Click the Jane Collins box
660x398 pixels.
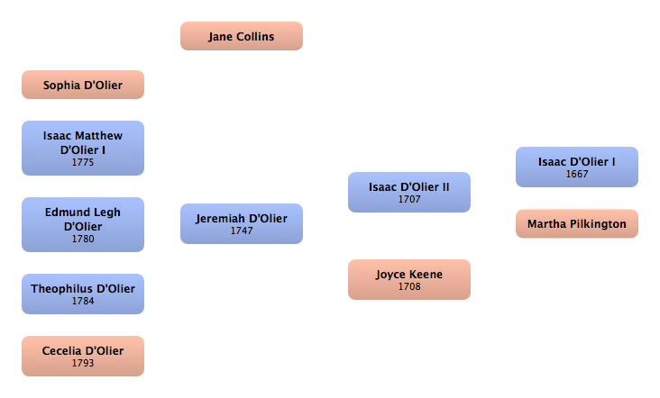241,36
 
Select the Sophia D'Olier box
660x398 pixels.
82,85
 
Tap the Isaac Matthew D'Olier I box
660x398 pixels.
82,148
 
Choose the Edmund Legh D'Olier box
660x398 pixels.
82,224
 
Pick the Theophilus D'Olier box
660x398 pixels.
82,294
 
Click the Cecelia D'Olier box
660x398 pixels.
82,355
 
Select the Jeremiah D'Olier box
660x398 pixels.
241,223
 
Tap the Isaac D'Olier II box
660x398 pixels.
408,192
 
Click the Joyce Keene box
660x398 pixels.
408,279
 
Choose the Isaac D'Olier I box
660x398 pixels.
576,167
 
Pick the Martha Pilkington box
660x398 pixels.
576,223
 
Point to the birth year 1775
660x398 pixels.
83,164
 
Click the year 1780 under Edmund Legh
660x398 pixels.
83,240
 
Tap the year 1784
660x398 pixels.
83,301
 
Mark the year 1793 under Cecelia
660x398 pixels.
83,363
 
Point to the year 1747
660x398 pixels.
242,231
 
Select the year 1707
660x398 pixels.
409,199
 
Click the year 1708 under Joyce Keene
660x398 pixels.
409,286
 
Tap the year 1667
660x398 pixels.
577,174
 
